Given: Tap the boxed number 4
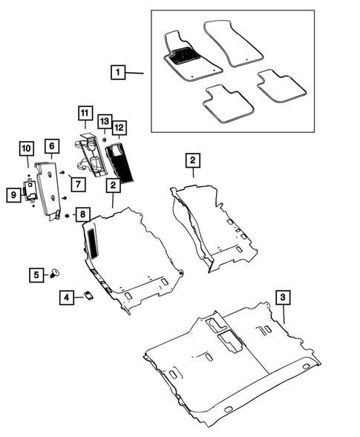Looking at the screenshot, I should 68,298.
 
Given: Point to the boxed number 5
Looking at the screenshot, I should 36,274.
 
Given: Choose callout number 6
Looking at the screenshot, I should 51,147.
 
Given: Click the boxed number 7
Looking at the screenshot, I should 76,183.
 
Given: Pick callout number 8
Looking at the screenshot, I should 82,214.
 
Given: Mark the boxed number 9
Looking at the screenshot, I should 13,194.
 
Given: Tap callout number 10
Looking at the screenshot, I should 25,153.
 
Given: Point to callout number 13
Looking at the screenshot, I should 104,120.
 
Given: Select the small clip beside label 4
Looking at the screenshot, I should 88,295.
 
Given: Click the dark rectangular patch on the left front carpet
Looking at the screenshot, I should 94,240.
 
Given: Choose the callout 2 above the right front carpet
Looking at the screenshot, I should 192,160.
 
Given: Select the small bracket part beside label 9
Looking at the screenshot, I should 32,191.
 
